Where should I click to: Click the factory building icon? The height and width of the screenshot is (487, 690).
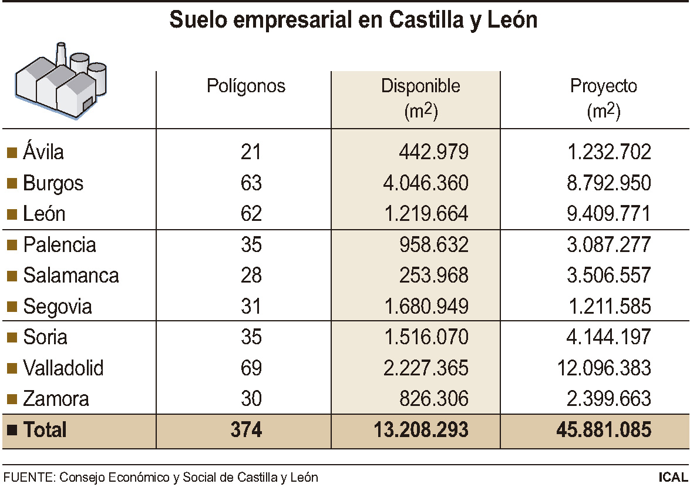pyautogui.click(x=61, y=82)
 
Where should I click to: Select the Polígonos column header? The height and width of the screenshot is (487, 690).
pyautogui.click(x=246, y=86)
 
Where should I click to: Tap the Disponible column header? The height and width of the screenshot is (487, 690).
pyautogui.click(x=420, y=86)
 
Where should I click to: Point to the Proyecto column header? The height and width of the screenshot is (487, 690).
pyautogui.click(x=604, y=86)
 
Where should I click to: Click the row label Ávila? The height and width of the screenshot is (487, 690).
pyautogui.click(x=43, y=152)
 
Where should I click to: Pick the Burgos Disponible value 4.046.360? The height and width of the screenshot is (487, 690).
pyautogui.click(x=422, y=183)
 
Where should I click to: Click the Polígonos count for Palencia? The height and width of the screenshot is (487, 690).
pyautogui.click(x=251, y=245)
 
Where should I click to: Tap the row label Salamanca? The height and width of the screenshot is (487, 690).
pyautogui.click(x=71, y=276)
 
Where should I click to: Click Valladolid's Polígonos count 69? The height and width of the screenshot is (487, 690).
pyautogui.click(x=251, y=368)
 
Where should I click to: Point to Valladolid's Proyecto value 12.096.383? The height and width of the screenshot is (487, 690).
pyautogui.click(x=604, y=368)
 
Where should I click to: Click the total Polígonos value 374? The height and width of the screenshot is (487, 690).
pyautogui.click(x=246, y=430)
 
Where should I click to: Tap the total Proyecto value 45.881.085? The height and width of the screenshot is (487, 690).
pyautogui.click(x=604, y=430)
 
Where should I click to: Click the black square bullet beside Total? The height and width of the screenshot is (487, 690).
pyautogui.click(x=11, y=430)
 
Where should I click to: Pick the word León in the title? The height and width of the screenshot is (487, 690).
pyautogui.click(x=513, y=20)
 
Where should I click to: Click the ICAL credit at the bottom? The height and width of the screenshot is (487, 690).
pyautogui.click(x=673, y=477)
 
